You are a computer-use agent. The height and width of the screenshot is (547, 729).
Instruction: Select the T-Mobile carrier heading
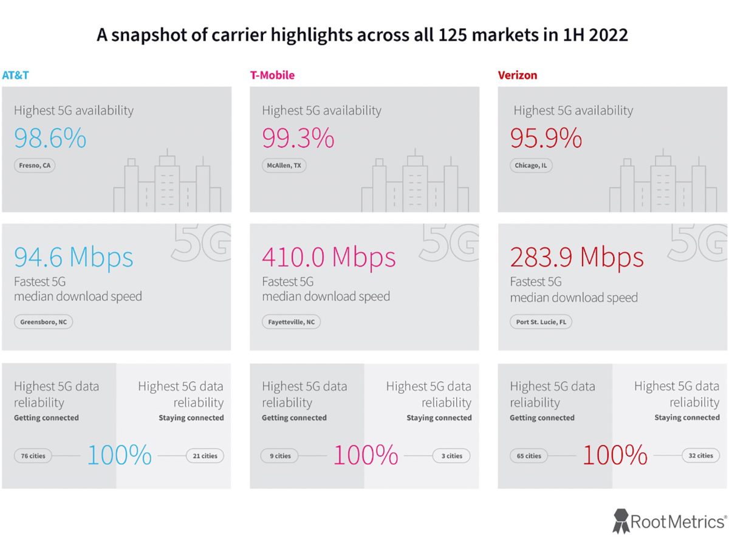point(272,75)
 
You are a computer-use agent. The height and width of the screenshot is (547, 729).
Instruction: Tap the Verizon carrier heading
point(517,75)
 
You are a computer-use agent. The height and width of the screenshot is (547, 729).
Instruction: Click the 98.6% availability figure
point(50,139)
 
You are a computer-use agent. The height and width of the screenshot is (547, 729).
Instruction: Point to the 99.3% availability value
point(298,139)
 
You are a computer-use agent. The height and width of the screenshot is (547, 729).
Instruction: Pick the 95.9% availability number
point(546,139)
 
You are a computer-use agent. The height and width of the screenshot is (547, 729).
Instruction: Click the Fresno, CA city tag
point(34,165)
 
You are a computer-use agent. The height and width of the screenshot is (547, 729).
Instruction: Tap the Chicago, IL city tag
point(530,165)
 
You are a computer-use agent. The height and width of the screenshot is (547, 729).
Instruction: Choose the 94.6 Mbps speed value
point(74,257)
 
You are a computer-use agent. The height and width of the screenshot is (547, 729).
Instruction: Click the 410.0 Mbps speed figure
point(329,257)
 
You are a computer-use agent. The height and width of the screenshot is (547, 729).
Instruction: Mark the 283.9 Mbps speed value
point(577,257)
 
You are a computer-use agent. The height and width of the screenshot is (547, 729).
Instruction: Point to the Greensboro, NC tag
point(43,322)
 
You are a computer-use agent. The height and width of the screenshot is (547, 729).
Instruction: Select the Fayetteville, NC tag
point(291,322)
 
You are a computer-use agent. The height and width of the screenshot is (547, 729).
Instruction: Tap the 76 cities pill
point(33,456)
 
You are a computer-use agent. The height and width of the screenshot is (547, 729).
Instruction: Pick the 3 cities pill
point(451,456)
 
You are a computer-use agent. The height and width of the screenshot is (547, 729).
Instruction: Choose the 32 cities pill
point(700,456)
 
